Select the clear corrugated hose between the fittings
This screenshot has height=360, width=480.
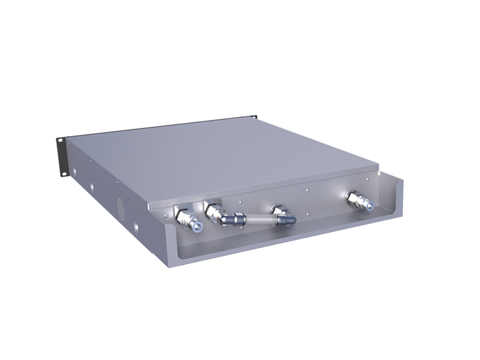tap(259, 220)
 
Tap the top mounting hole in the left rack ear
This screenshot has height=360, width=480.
tap(60, 141)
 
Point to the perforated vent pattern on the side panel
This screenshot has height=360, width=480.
tap(121, 209)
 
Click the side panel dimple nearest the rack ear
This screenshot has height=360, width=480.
tap(74, 170)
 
